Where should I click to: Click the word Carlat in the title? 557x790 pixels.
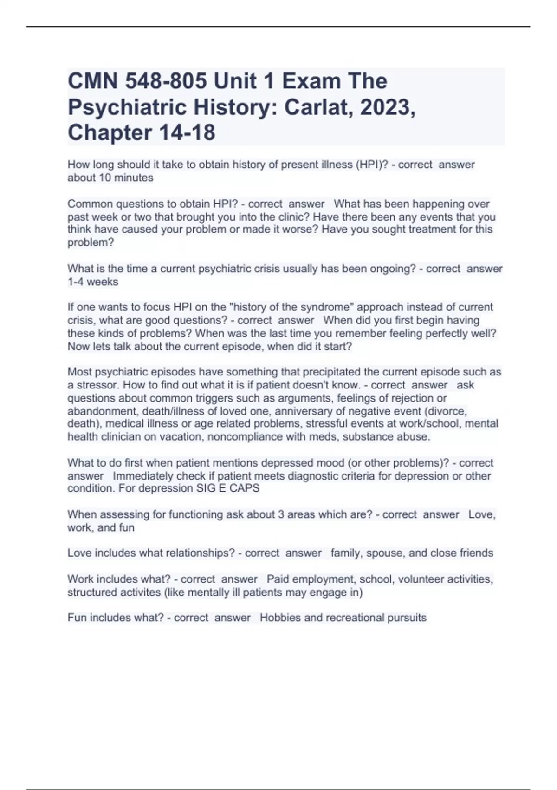(317, 107)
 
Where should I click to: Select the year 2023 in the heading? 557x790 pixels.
(387, 107)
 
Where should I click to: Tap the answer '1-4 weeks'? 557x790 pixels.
(93, 282)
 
